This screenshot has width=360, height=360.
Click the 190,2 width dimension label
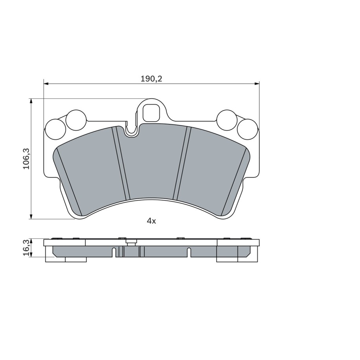pos(151,79)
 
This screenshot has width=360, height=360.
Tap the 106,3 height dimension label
pos(27,159)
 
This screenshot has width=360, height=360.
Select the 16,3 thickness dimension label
pos(27,248)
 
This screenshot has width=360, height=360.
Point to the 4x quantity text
pos(151,221)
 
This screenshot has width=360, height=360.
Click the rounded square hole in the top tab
pos(151,113)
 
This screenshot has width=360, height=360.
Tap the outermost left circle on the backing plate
pos(56,129)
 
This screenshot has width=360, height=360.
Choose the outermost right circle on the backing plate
pos(247,129)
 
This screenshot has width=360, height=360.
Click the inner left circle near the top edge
pos(76,120)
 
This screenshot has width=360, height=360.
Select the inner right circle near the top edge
pos(227,120)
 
